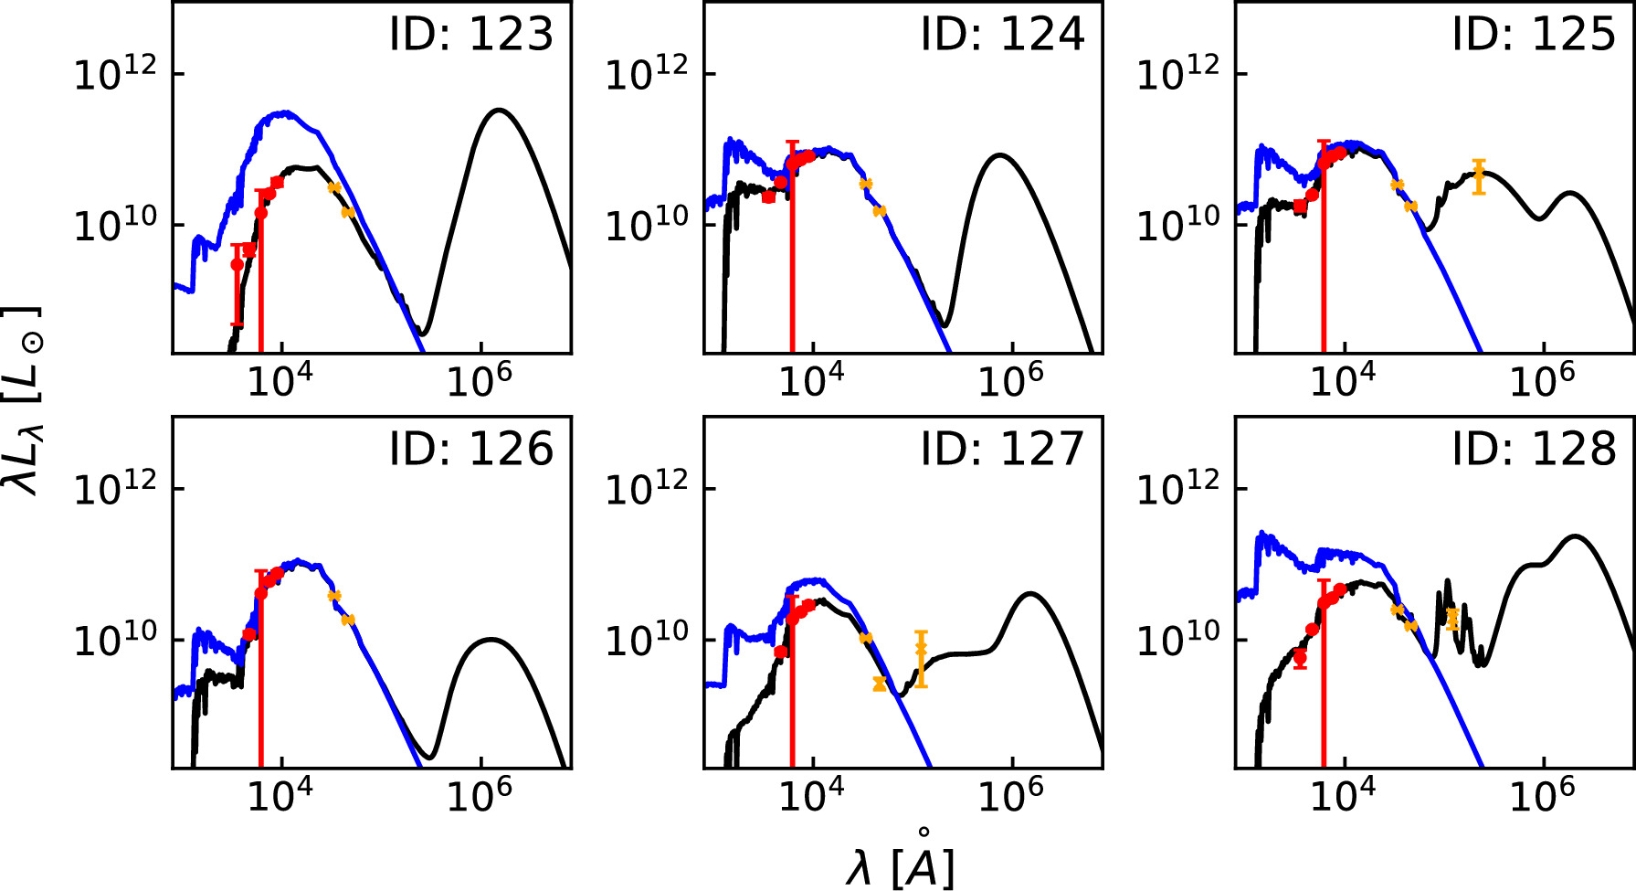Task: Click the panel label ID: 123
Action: point(470,34)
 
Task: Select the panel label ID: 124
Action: point(1002,34)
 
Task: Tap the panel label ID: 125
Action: point(1534,34)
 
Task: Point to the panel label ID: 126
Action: point(470,449)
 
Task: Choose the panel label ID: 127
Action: point(1002,449)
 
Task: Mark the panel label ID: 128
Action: point(1534,449)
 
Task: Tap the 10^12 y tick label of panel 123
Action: point(114,73)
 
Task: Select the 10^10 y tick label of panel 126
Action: point(114,639)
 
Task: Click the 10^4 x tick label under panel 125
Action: point(1343,380)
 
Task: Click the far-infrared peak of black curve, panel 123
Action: point(499,110)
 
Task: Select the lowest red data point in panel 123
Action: point(237,264)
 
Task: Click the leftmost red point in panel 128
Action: point(1300,656)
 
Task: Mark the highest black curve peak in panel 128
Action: point(1574,536)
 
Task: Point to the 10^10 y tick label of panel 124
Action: point(646,224)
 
